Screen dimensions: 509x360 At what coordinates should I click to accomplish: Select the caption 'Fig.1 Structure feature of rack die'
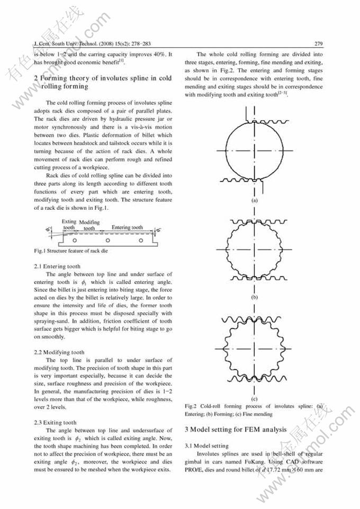(x=71, y=251)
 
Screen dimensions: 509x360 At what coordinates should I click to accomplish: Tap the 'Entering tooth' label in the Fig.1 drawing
(x=127, y=228)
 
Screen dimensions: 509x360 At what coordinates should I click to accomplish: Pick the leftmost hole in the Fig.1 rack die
(x=75, y=240)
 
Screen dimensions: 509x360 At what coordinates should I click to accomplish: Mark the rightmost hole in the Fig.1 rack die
(x=141, y=240)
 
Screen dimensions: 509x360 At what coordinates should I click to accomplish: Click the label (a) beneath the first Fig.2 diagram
(x=255, y=201)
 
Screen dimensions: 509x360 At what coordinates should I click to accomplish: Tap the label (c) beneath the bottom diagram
(x=255, y=398)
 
